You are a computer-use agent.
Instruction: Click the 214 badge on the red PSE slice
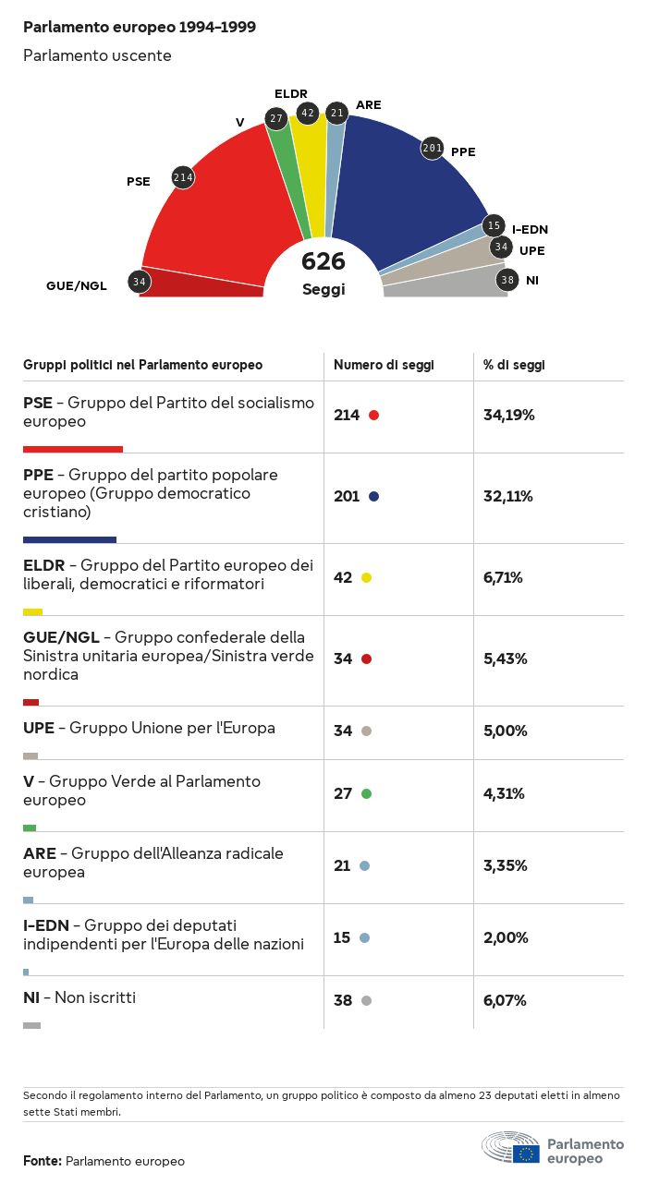(183, 177)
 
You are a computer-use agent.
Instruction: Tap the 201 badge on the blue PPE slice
(433, 147)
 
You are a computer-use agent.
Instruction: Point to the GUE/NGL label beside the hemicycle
(77, 285)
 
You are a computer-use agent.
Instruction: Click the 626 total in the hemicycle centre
(323, 261)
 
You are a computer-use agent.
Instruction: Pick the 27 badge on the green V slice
(275, 118)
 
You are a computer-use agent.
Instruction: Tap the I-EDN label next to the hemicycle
(530, 230)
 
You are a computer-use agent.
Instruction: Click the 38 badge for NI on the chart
(507, 280)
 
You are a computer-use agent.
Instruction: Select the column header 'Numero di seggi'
(384, 365)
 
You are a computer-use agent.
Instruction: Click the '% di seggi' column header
(514, 365)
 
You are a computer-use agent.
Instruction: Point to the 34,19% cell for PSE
(509, 415)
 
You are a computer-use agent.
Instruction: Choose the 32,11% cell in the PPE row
(508, 496)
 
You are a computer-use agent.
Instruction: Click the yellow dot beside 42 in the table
(366, 577)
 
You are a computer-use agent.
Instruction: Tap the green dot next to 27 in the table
(366, 793)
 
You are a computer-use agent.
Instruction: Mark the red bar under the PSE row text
(73, 449)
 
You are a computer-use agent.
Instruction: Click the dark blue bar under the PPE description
(69, 539)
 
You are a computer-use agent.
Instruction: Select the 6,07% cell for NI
(506, 1000)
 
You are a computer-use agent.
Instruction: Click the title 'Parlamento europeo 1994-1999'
(140, 28)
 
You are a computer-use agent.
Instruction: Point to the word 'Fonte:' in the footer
(43, 1161)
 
